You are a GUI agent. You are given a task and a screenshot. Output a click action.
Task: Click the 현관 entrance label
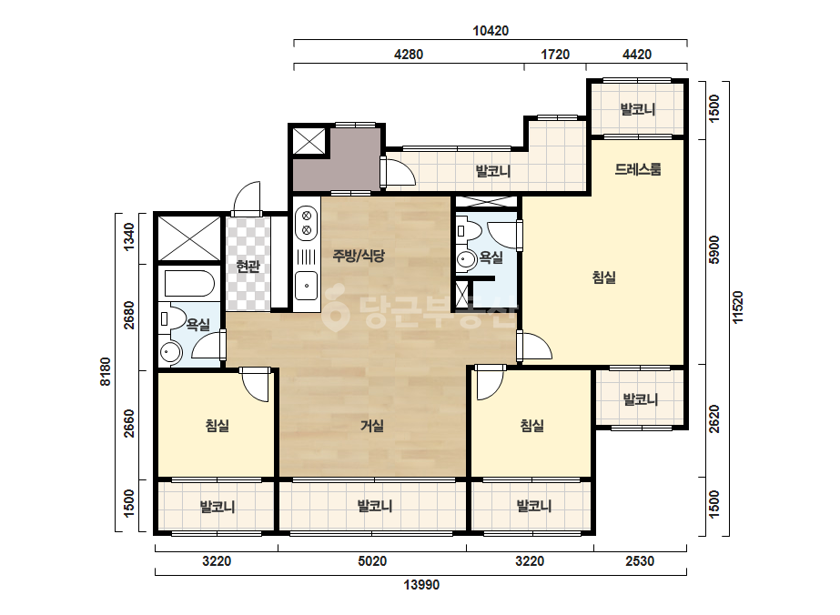(248, 266)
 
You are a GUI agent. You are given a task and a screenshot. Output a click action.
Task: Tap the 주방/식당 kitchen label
(359, 256)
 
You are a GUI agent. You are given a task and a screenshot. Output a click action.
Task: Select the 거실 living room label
(372, 426)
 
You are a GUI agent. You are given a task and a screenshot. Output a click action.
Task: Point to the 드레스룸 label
(637, 169)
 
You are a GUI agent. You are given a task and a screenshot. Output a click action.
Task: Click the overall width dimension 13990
(421, 584)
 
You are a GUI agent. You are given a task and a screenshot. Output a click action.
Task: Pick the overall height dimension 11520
(738, 307)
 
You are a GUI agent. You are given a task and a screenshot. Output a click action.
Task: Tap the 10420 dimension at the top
(491, 31)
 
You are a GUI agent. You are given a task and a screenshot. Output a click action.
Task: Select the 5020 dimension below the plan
(372, 561)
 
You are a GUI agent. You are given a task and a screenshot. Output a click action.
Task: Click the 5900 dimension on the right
(714, 249)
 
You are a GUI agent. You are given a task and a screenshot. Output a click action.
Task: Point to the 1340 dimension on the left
(128, 237)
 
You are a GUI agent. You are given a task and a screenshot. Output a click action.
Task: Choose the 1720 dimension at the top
(555, 55)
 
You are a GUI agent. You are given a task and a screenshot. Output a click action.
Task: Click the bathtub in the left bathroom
(189, 284)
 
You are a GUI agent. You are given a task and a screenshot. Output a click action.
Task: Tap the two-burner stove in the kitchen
(307, 223)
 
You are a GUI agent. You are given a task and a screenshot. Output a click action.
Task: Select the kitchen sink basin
(307, 286)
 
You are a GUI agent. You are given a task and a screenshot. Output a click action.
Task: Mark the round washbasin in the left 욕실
(171, 352)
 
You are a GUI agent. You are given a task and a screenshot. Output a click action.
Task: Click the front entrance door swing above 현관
(247, 198)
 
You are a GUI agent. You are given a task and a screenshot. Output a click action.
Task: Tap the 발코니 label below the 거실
(374, 506)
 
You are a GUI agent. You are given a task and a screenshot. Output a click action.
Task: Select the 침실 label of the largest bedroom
(603, 277)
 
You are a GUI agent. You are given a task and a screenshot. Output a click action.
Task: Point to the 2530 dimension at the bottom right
(640, 561)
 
